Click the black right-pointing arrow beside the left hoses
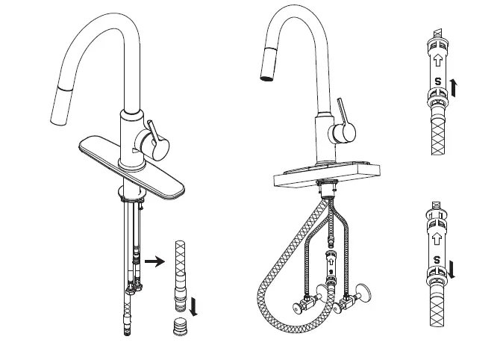(154, 261)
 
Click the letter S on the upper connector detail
(437, 80)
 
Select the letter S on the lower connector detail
(437, 259)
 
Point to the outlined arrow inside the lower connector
(437, 237)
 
